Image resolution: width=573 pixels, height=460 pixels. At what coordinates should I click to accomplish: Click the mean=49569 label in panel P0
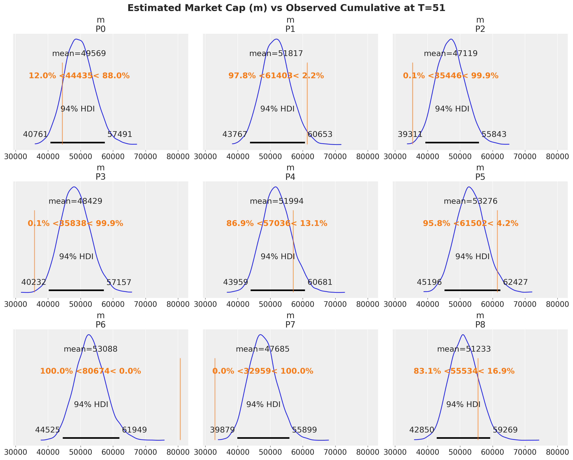[x=79, y=54]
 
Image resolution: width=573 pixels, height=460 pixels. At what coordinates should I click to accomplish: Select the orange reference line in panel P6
[x=180, y=399]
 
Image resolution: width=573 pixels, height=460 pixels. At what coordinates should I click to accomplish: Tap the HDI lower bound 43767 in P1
[x=235, y=134]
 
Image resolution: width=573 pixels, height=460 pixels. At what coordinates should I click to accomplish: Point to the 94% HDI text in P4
[x=278, y=257]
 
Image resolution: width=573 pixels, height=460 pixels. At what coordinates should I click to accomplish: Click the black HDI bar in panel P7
[x=263, y=438]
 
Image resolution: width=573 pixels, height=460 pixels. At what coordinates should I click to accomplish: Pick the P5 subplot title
[x=480, y=177]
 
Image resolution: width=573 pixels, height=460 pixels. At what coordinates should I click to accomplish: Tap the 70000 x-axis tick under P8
[x=525, y=452]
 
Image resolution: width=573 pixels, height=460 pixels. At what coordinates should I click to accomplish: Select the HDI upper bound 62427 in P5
[x=515, y=282]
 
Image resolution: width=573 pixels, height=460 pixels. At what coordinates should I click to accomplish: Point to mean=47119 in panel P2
[x=451, y=54]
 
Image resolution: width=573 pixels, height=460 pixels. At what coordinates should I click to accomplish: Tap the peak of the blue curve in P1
[x=277, y=39]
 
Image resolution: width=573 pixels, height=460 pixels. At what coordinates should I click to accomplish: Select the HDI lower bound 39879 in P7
[x=222, y=430]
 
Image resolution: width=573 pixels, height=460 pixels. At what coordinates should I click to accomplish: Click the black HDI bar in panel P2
[x=452, y=143]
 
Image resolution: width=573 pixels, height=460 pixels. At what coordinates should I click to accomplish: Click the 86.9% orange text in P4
[x=240, y=223]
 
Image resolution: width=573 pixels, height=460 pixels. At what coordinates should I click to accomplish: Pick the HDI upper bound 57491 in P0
[x=120, y=134]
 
